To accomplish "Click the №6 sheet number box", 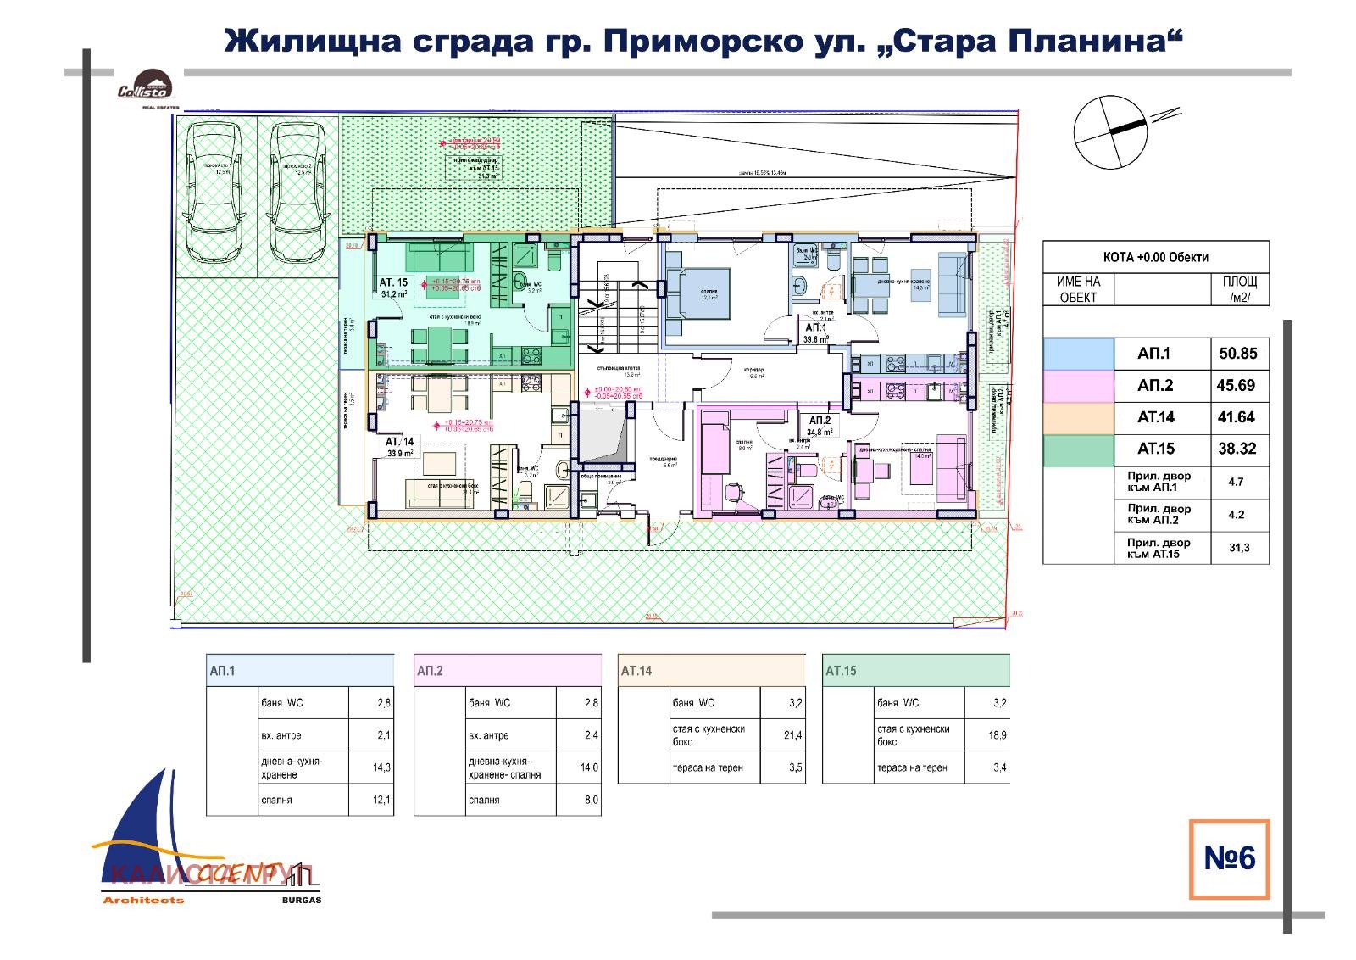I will [x=1229, y=858].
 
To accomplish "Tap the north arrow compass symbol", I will [x=1109, y=131].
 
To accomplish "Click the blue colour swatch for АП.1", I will [x=1078, y=354].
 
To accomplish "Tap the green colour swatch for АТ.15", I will [x=1078, y=449].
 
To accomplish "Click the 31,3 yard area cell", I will [x=1238, y=548].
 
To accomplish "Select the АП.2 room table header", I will [x=507, y=671].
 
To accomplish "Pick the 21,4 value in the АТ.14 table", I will [x=793, y=735].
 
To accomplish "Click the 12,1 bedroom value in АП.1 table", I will [x=382, y=800].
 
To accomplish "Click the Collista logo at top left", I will [x=146, y=87].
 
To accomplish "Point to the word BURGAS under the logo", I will [x=301, y=900].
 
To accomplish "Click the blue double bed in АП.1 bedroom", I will [x=697, y=293].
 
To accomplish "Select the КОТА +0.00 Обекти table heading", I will [x=1155, y=257].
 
